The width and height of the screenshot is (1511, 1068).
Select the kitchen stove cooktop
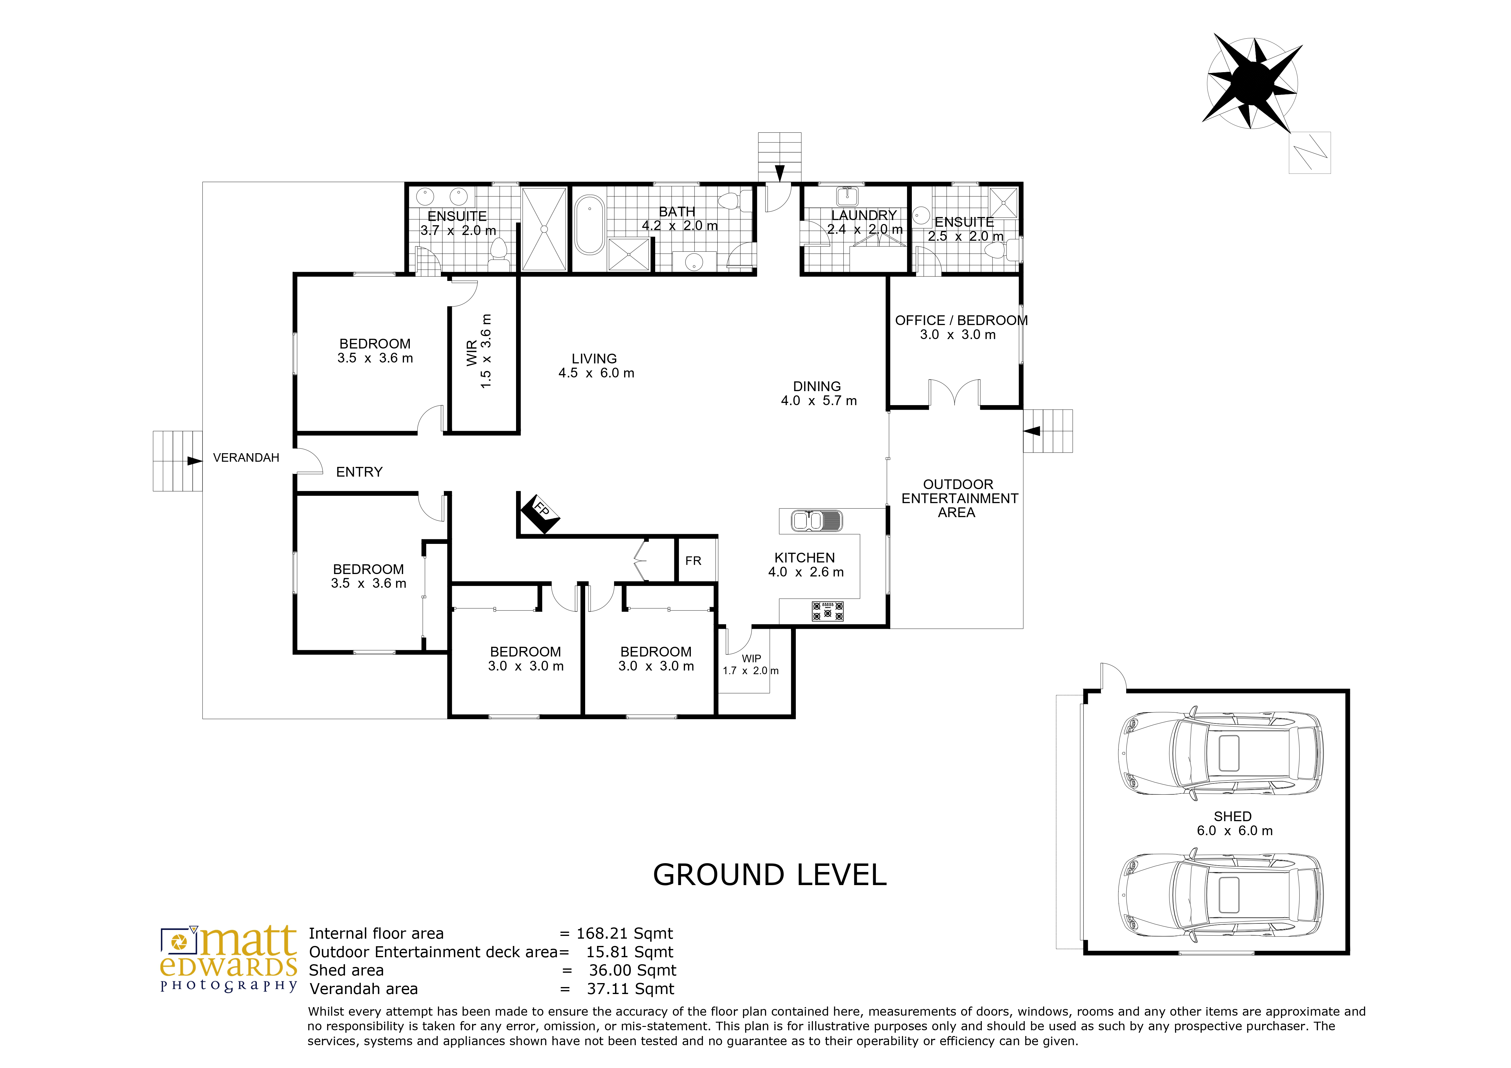pyautogui.click(x=828, y=611)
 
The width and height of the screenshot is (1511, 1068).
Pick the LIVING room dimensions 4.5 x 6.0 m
pyautogui.click(x=596, y=373)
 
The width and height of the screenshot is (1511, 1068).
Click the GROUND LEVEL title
pyautogui.click(x=770, y=875)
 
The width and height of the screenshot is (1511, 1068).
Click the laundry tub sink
pyautogui.click(x=846, y=196)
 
